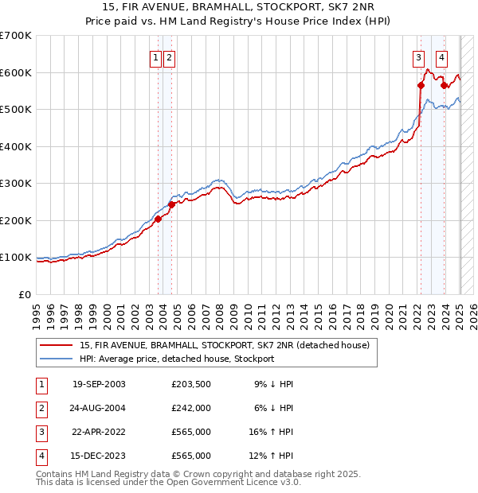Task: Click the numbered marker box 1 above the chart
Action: tap(156, 57)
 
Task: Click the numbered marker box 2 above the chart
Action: tap(170, 57)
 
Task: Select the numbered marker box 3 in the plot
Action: tap(418, 57)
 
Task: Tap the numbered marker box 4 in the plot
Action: tap(441, 57)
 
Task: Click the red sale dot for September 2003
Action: tap(158, 219)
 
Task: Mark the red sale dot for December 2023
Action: tap(444, 85)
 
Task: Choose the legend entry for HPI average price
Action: tap(176, 359)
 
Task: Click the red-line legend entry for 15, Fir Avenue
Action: tap(224, 345)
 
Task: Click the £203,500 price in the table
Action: tap(190, 384)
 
